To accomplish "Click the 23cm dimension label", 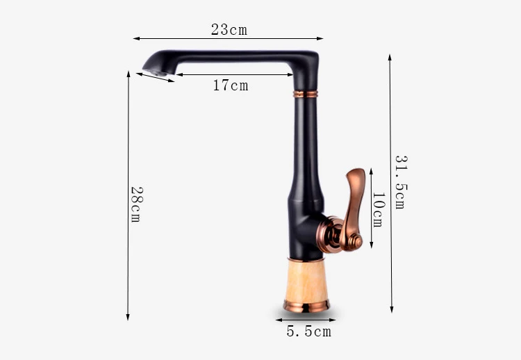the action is click(x=229, y=30).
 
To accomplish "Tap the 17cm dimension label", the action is click(x=231, y=85).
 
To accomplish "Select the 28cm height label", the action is click(x=137, y=204).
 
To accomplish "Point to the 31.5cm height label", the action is click(x=401, y=182).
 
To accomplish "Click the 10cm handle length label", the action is click(x=379, y=210).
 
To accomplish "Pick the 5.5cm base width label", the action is click(x=309, y=332).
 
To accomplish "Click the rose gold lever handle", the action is click(x=352, y=208).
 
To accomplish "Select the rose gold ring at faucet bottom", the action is click(x=306, y=306).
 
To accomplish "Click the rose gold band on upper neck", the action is click(x=306, y=94).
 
